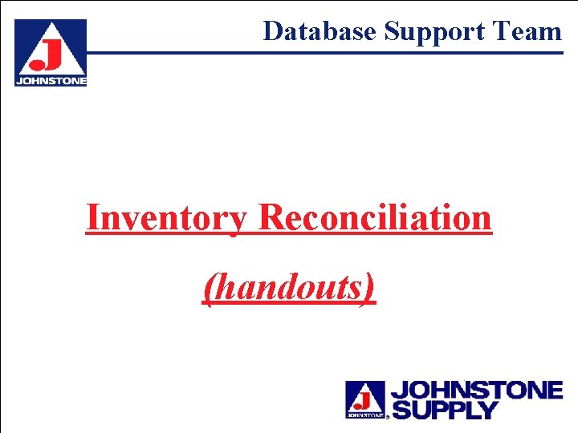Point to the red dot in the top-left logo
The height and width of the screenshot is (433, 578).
coord(36,64)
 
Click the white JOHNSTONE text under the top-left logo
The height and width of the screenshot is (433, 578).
coord(51,81)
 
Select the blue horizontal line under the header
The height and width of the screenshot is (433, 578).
coord(321,54)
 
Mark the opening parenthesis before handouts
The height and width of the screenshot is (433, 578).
coord(209,288)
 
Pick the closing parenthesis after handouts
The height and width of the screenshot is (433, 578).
coord(369,288)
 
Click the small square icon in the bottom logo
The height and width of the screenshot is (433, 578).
coord(365,399)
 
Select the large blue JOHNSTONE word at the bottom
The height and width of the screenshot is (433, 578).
coord(476,391)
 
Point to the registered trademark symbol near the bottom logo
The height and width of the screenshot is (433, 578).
coord(389,417)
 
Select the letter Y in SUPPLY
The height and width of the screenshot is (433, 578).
coord(487,410)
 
